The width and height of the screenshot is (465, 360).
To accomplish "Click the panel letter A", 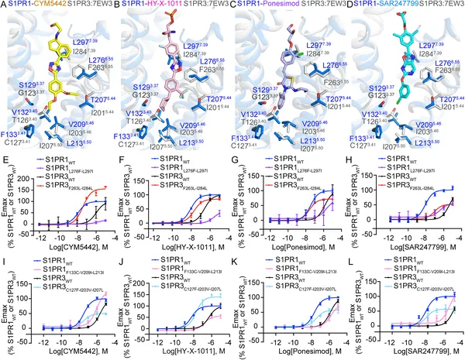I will coord(4,6).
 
